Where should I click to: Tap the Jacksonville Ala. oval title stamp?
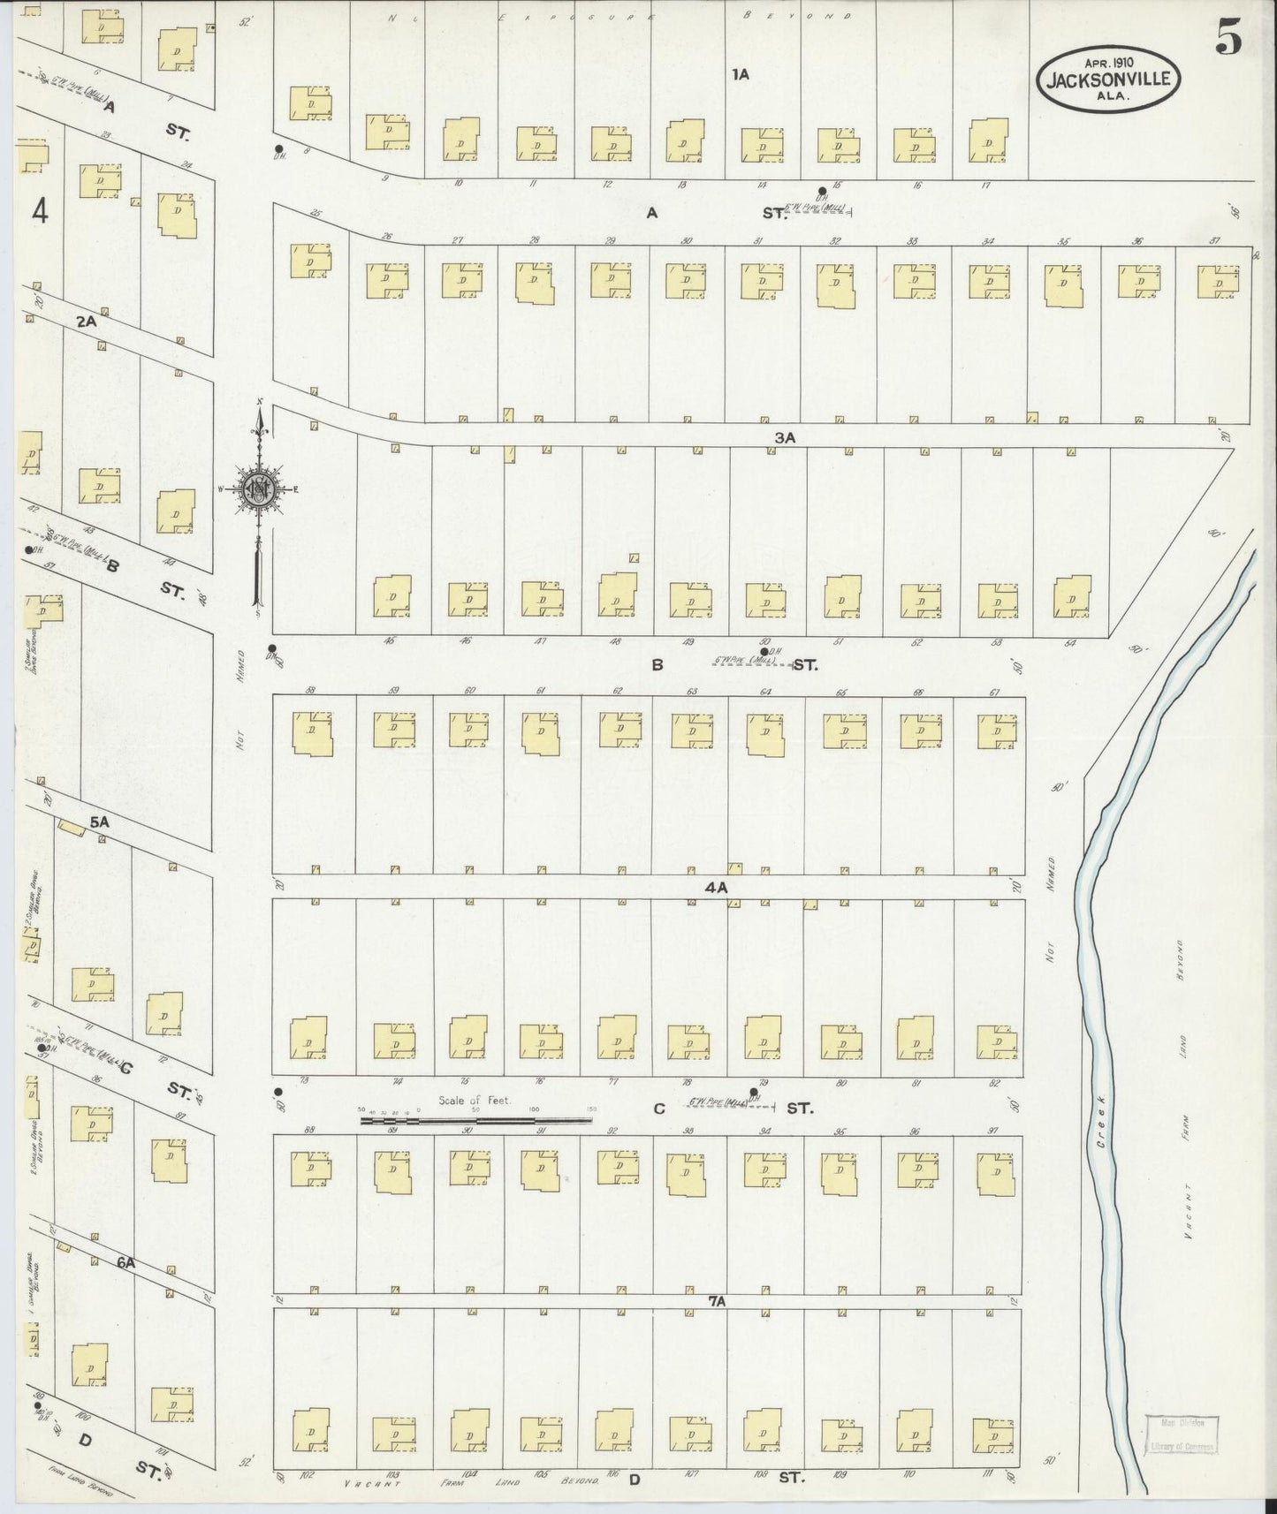click(x=1108, y=78)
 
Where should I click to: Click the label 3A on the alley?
click(x=786, y=437)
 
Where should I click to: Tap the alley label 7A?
click(x=716, y=1302)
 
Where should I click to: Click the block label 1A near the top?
click(x=741, y=75)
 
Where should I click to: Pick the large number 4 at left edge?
click(x=38, y=211)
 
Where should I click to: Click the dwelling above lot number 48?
click(x=618, y=594)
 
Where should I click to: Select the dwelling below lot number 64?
click(x=765, y=734)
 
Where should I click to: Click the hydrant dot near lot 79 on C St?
click(x=754, y=1092)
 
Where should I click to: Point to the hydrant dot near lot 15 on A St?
click(x=822, y=190)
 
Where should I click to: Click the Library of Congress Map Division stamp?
click(x=1182, y=1437)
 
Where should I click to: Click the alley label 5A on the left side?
click(x=99, y=822)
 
